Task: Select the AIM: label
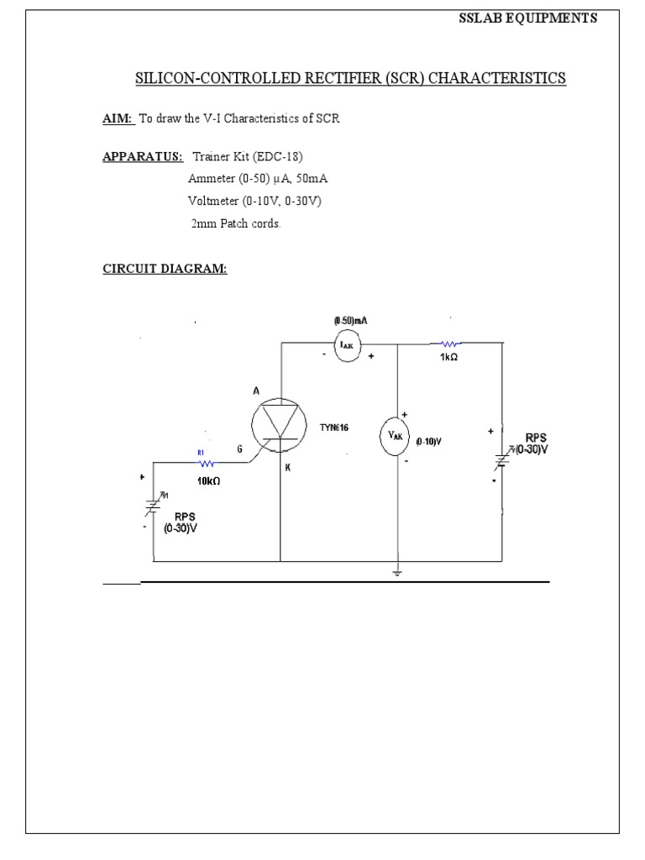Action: [118, 119]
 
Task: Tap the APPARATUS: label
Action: [144, 157]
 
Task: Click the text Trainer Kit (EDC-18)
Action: [247, 157]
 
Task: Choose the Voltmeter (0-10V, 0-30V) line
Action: [254, 202]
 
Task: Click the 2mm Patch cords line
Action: [235, 224]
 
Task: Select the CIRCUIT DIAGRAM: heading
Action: [165, 270]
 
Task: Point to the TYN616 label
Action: [333, 427]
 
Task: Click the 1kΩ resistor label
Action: [448, 358]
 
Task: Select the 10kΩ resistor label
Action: [208, 480]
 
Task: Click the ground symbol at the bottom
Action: [397, 573]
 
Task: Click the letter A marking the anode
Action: [256, 391]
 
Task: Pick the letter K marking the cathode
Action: [287, 468]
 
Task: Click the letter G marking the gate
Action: [239, 449]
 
